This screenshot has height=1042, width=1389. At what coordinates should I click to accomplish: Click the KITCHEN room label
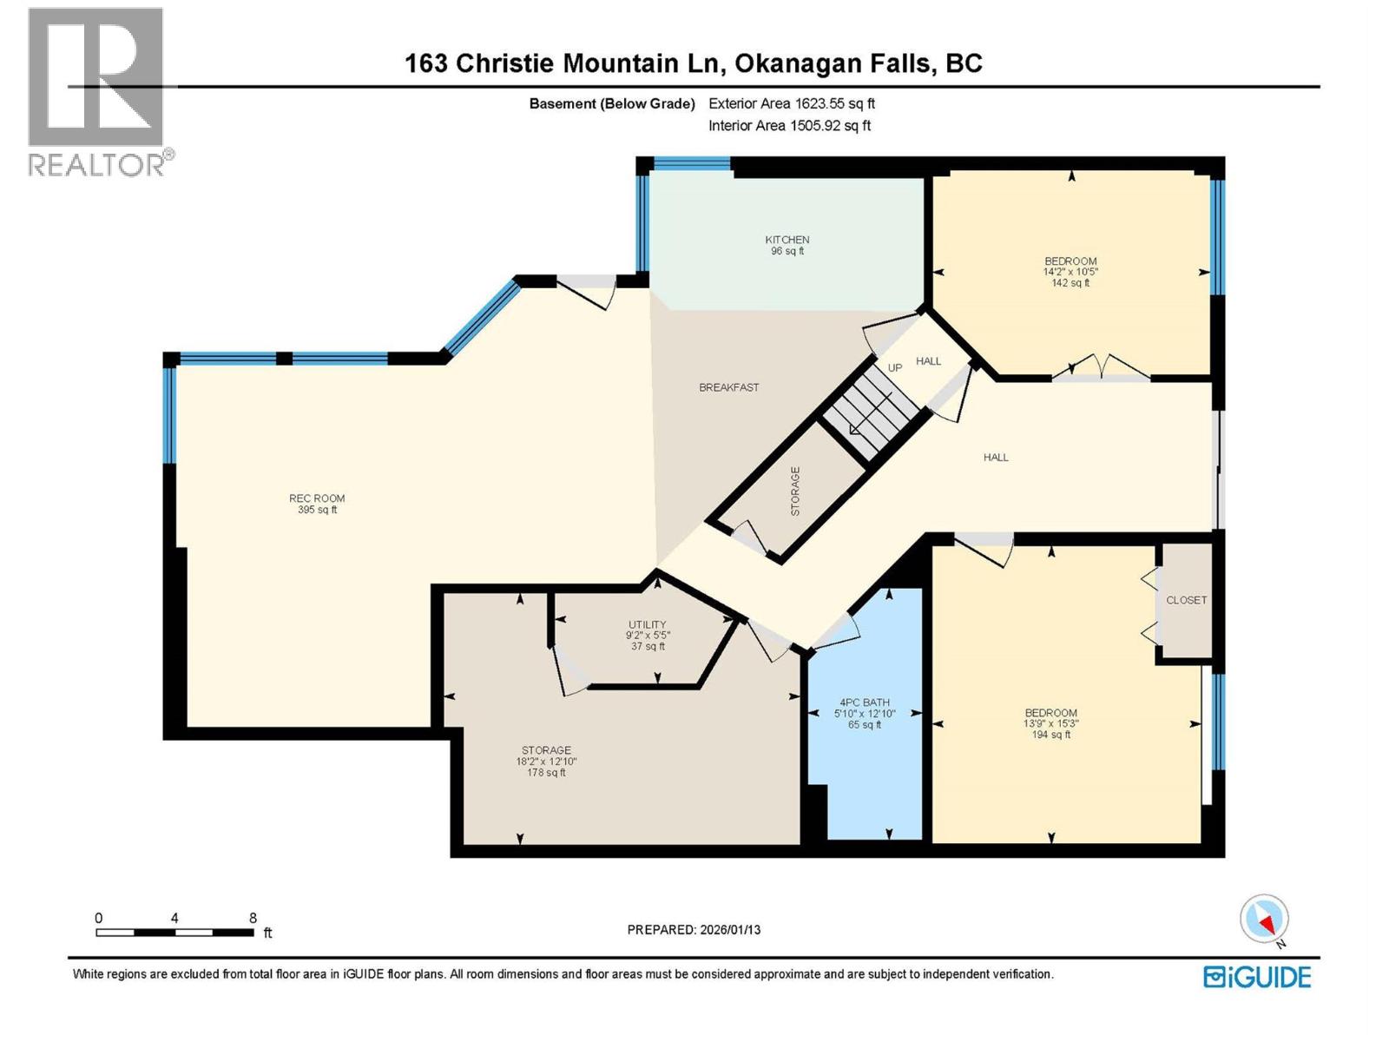(x=787, y=240)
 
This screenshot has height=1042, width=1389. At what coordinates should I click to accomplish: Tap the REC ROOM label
(x=317, y=498)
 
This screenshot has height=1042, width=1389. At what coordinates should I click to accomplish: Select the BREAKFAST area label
(x=728, y=387)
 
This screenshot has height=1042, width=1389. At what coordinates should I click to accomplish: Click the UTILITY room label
(x=647, y=624)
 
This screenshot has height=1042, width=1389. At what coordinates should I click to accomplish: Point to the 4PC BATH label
(x=864, y=702)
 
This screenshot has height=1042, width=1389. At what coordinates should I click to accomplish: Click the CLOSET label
(x=1186, y=600)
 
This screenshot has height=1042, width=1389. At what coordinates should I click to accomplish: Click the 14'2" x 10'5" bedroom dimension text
(x=1070, y=272)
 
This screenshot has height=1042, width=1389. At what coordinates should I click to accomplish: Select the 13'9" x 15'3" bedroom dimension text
(x=1050, y=723)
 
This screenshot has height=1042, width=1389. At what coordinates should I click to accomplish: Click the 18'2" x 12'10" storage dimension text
(x=546, y=762)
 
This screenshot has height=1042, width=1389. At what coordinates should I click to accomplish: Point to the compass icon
(x=1264, y=920)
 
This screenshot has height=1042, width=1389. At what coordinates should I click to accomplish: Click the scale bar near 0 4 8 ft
(x=174, y=933)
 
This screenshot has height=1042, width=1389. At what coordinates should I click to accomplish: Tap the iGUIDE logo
(x=1256, y=977)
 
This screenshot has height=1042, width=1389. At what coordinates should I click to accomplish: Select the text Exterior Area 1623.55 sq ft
(x=791, y=103)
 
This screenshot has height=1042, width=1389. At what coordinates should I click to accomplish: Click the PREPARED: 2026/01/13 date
(x=694, y=930)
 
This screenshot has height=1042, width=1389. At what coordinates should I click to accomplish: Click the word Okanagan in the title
(x=804, y=63)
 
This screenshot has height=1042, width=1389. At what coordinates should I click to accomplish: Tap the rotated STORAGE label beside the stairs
(x=795, y=491)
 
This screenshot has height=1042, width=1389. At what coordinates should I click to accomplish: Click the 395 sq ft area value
(x=317, y=511)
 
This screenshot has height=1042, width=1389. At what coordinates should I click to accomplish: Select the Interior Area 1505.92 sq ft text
(x=789, y=126)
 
